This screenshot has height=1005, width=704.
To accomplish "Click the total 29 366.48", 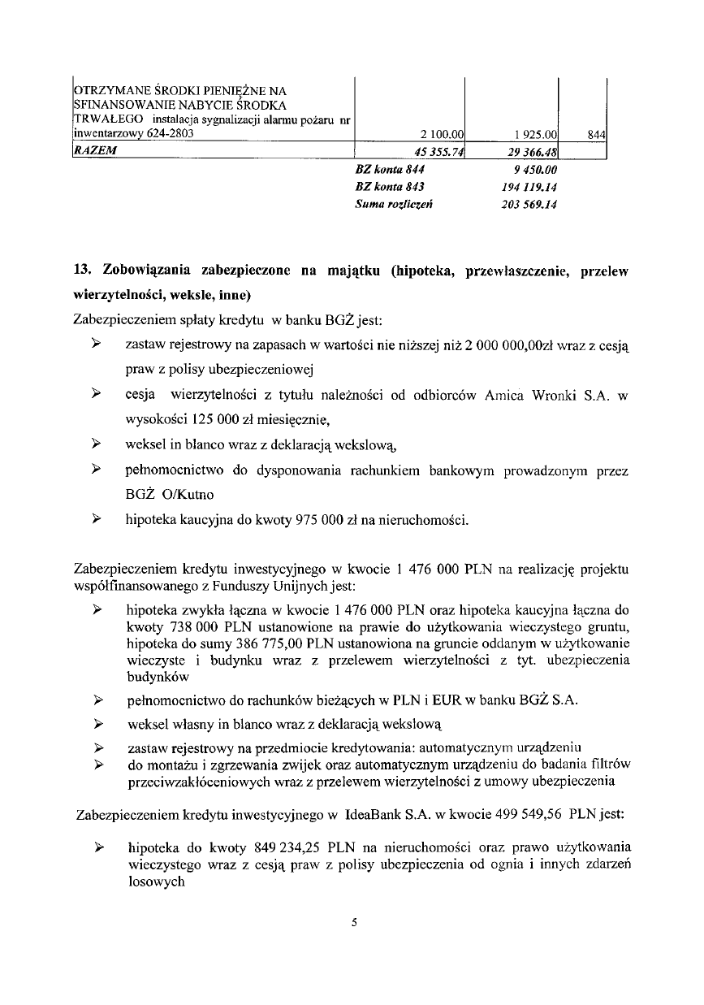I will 530,151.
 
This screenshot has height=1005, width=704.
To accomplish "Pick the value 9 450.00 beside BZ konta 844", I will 536,170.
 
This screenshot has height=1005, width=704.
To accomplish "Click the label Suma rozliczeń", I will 383,204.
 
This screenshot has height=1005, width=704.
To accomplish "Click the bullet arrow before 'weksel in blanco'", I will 96,444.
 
